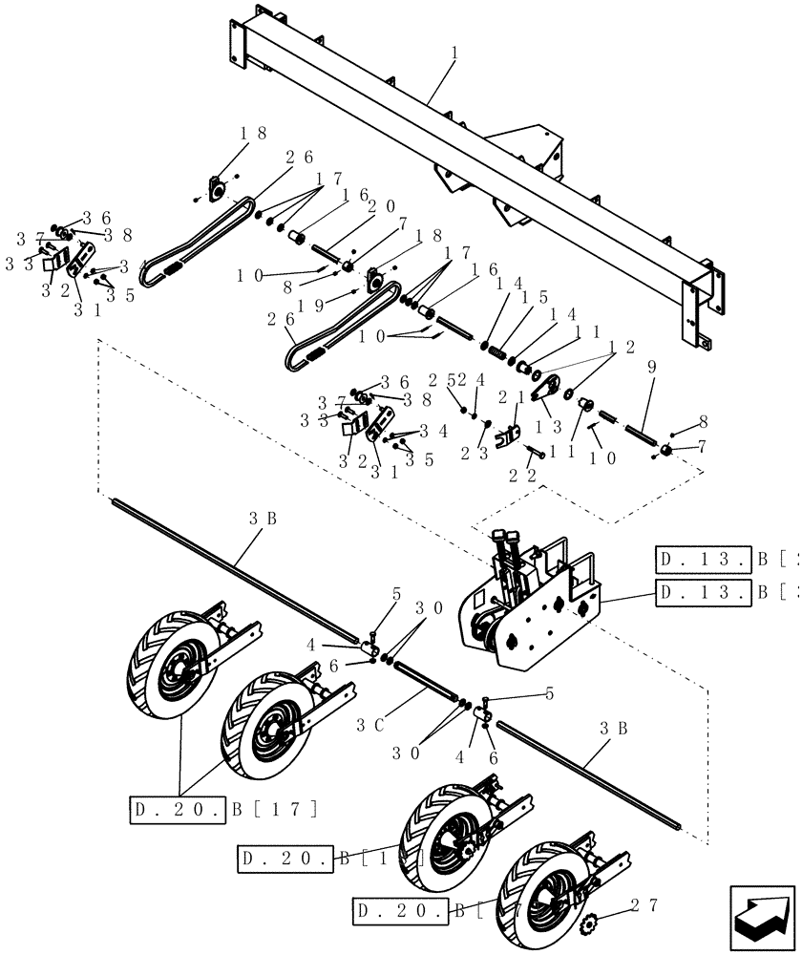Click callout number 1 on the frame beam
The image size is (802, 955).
(x=454, y=55)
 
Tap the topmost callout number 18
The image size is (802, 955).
(x=226, y=134)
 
